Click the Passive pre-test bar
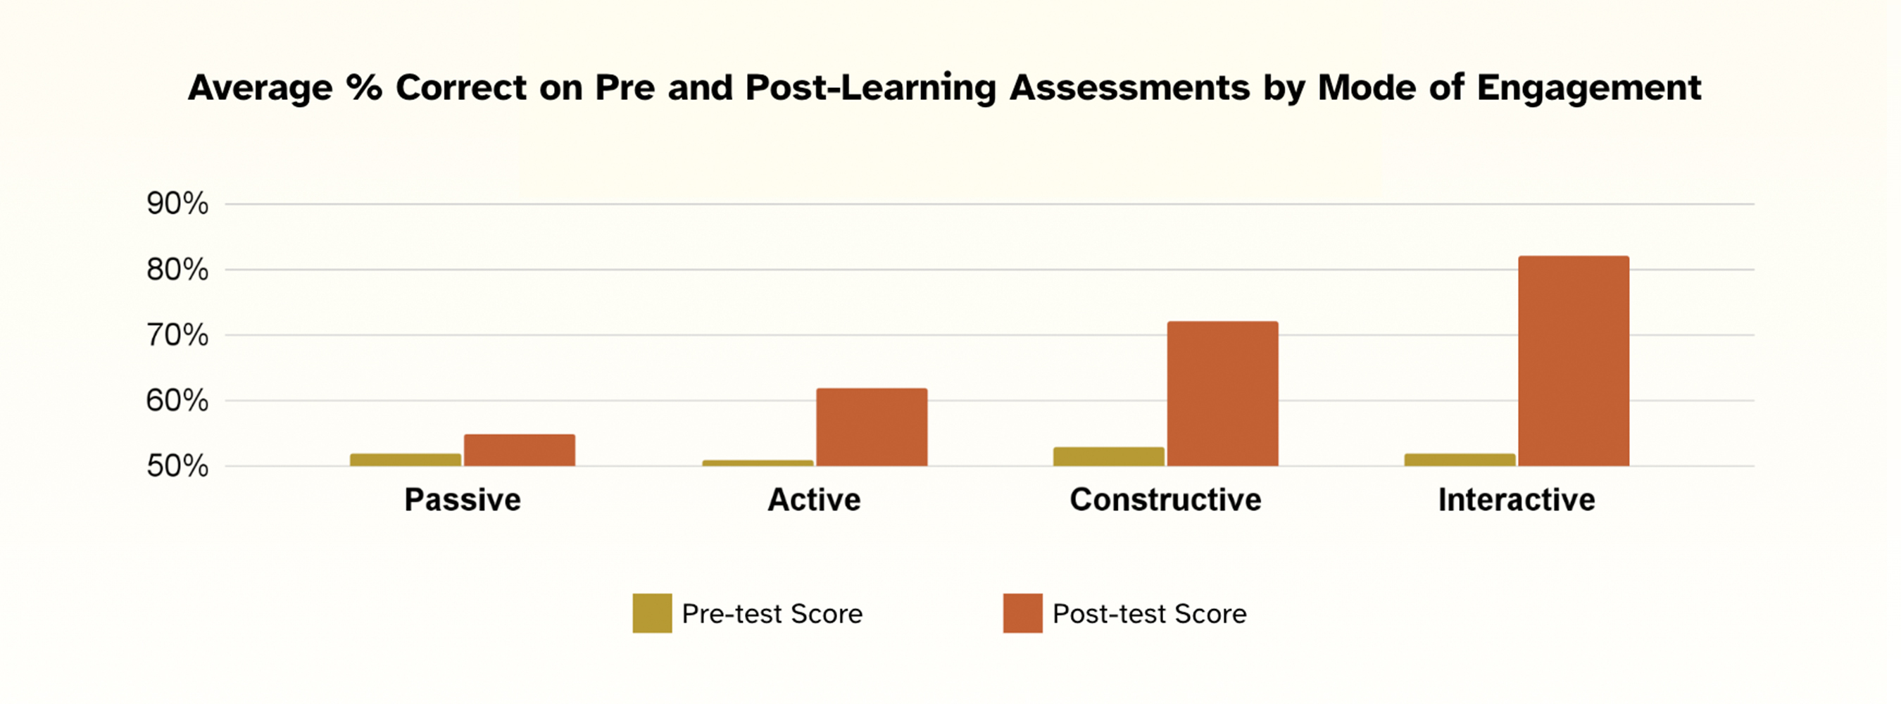click(405, 460)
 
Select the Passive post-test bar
click(520, 450)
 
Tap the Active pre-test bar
click(757, 463)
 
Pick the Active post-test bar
click(872, 427)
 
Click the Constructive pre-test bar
click(1108, 457)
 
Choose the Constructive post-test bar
click(1223, 394)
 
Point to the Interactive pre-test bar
click(1460, 460)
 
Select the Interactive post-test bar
click(1574, 361)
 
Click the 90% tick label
click(177, 203)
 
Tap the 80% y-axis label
click(177, 270)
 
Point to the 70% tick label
click(177, 336)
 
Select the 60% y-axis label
click(177, 401)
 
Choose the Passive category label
click(463, 501)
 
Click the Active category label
click(814, 501)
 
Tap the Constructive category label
click(1165, 501)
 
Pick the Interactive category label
click(1517, 501)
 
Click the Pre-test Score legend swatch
click(653, 613)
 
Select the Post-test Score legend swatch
click(1023, 613)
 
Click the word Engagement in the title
click(1588, 89)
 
